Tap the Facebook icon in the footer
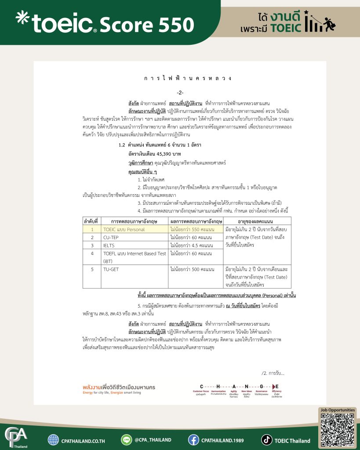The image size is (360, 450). point(194,440)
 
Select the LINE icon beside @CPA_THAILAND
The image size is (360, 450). point(127,440)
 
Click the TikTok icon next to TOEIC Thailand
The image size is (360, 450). point(267,440)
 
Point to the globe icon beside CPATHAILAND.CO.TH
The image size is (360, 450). point(54,440)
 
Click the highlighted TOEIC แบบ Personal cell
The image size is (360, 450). point(124,229)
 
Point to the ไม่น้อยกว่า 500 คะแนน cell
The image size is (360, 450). point(192,269)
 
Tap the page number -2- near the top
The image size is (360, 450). point(180,93)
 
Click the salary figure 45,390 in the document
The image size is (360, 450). point(160,154)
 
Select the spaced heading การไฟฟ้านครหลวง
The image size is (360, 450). point(188,79)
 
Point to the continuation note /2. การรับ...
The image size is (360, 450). point(273,373)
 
